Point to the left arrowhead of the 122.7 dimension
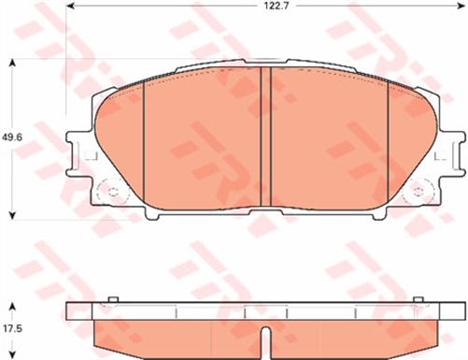coord(72,7)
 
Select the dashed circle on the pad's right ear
coord(414,193)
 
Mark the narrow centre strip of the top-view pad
coord(264,140)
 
